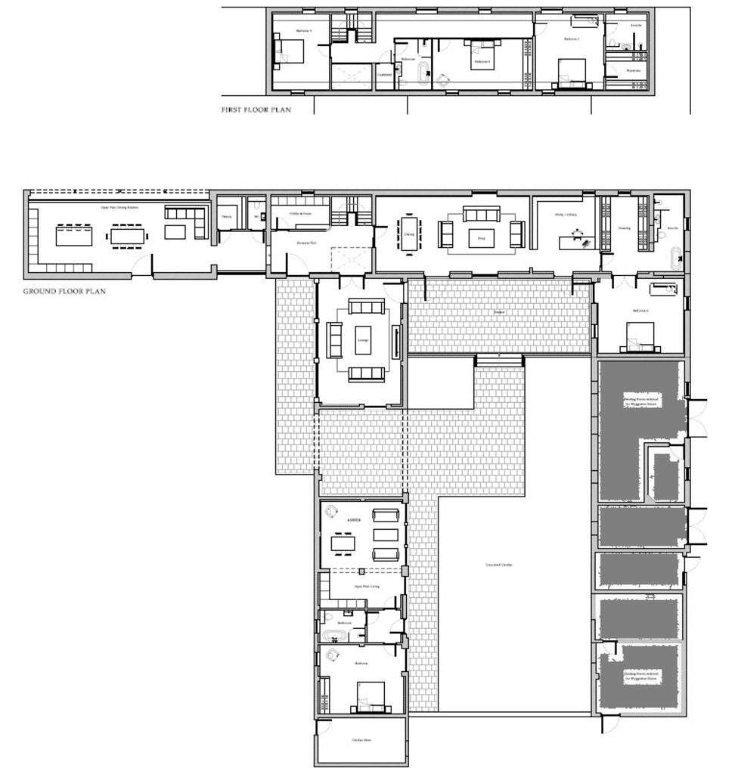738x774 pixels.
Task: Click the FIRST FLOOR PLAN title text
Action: pyautogui.click(x=256, y=110)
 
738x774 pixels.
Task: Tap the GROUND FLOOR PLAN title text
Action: pyautogui.click(x=64, y=291)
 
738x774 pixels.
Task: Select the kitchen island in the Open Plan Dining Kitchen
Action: pyautogui.click(x=73, y=237)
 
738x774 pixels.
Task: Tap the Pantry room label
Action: pyautogui.click(x=226, y=216)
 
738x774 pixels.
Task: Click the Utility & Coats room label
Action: pyautogui.click(x=299, y=214)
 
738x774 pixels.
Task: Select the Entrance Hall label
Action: pyautogui.click(x=306, y=242)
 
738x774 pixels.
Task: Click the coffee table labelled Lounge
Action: pyautogui.click(x=363, y=340)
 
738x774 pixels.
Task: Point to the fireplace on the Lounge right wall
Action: pyautogui.click(x=395, y=340)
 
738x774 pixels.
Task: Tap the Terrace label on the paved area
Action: pyautogui.click(x=499, y=311)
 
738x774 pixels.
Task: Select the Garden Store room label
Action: pyautogui.click(x=361, y=740)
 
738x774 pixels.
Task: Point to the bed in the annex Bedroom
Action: pyautogui.click(x=371, y=696)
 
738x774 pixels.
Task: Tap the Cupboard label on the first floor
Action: pyautogui.click(x=384, y=75)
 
